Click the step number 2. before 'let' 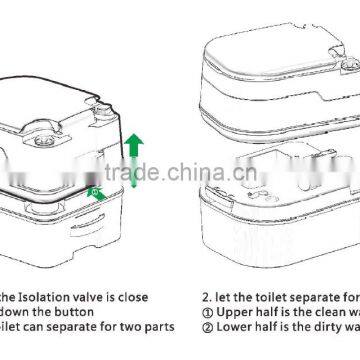pos(206,297)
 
